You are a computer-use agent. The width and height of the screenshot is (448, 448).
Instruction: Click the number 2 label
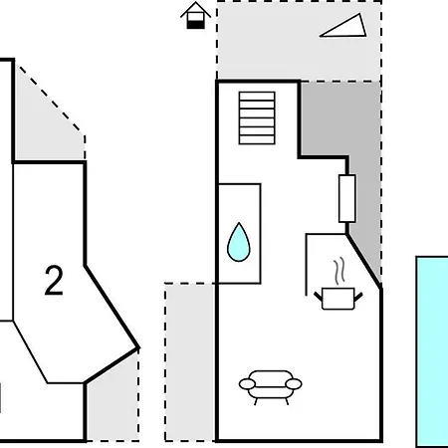tap(54, 281)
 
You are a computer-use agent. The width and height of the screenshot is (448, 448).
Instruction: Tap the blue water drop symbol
tap(239, 243)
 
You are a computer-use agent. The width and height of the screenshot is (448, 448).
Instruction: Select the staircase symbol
tap(257, 118)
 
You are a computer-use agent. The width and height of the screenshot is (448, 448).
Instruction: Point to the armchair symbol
tap(271, 387)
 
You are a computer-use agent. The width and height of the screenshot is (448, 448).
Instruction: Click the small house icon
tap(195, 16)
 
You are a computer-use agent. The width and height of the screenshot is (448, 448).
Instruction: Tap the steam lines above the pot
tap(339, 271)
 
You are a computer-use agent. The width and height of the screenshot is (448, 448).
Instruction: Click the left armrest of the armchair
tap(247, 384)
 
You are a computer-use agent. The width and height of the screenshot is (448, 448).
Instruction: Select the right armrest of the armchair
tap(294, 384)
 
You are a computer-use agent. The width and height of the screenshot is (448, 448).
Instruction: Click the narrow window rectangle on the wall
tap(347, 198)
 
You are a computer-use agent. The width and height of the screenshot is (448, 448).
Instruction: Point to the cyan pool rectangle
tap(432, 351)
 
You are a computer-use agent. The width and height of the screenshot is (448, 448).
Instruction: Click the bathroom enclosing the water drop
tap(239, 233)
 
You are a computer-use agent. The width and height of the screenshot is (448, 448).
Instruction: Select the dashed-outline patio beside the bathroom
tap(190, 362)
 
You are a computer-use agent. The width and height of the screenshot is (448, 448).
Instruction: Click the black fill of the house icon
tap(195, 25)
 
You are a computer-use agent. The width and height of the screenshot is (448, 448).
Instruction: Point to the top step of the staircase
tap(257, 96)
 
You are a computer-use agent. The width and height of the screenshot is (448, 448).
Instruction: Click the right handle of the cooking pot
tap(358, 297)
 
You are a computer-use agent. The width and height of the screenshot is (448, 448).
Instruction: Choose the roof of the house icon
tap(195, 9)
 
